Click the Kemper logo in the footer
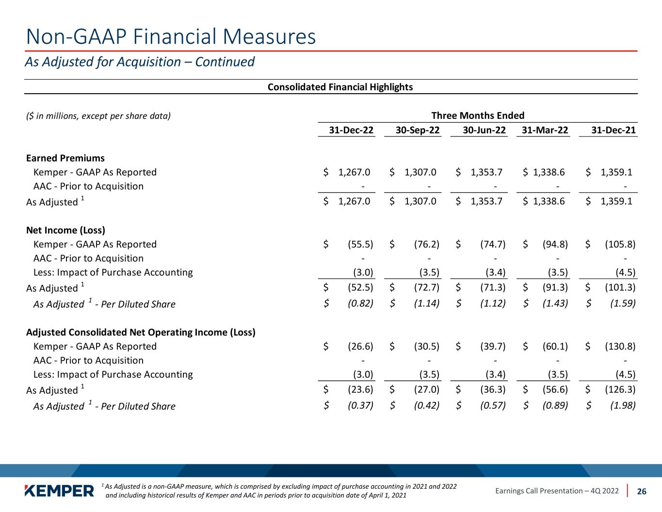[x=59, y=491]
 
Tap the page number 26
[x=642, y=491]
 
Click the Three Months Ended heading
[x=478, y=116]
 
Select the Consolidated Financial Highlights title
[x=340, y=87]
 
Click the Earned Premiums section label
[x=65, y=158]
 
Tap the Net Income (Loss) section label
[x=65, y=230]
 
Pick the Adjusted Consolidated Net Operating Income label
[x=141, y=332]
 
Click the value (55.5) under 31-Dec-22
[x=360, y=244]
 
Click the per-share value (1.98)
[x=623, y=406]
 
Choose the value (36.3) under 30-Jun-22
[x=493, y=390]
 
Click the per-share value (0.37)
[x=360, y=406]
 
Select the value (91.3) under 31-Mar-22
[x=555, y=288]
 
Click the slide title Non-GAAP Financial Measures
[x=171, y=37]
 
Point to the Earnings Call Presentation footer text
[x=557, y=491]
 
